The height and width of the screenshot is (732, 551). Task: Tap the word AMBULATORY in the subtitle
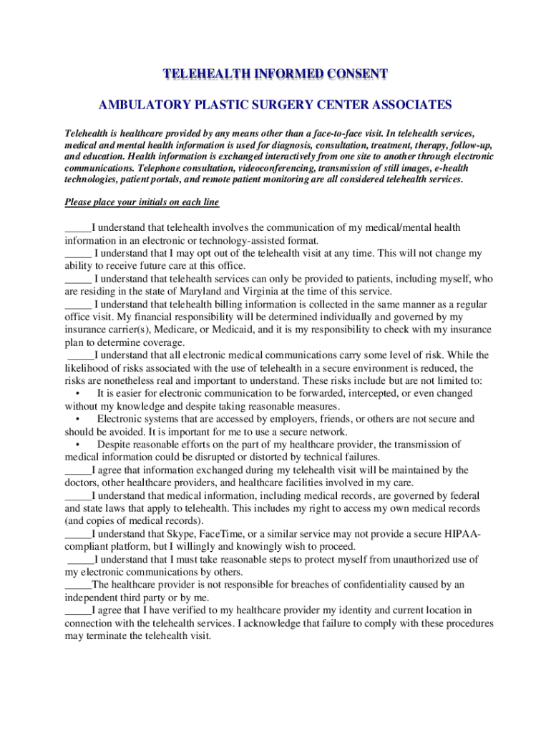135,105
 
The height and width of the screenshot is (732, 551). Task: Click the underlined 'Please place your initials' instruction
142,202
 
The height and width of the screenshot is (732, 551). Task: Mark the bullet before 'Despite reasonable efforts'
76,445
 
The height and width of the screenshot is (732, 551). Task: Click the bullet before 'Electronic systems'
76,419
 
